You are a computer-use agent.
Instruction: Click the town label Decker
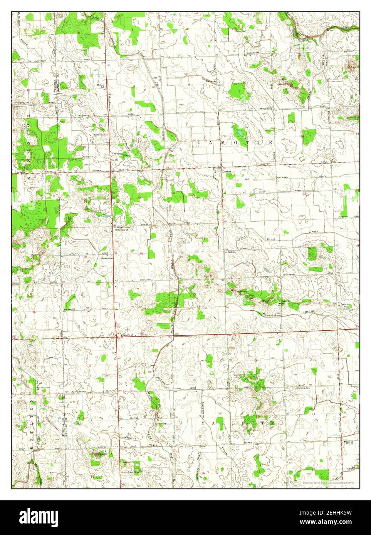227,172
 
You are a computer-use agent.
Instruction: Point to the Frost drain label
271,239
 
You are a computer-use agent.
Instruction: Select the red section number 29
141,254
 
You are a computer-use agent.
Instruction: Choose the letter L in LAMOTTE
199,143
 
